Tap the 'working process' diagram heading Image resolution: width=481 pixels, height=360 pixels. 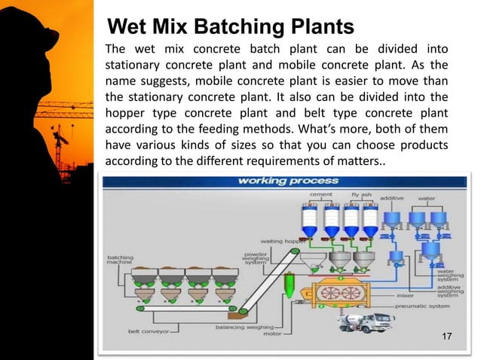tap(277, 181)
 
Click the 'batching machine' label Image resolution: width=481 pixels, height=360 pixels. tap(121, 260)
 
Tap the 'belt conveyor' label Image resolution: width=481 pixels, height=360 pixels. tap(150, 330)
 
